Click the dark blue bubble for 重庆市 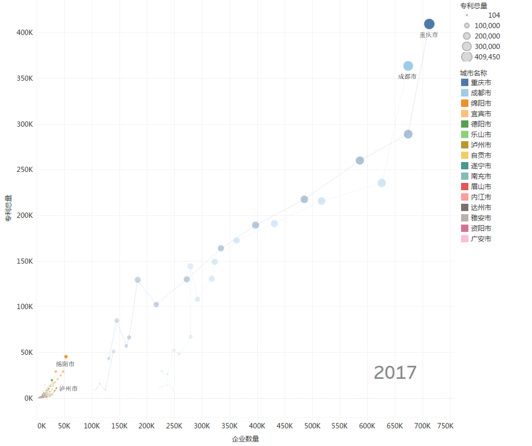pos(429,24)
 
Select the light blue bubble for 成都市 pos(408,66)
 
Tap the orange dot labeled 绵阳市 pos(66,356)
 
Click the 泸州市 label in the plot pos(69,388)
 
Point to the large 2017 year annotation pos(395,372)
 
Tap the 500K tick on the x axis pos(312,426)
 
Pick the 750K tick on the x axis pos(445,426)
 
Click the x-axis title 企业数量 pos(245,439)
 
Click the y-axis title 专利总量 pos(8,208)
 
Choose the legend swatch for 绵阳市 pos(465,103)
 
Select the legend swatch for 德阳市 pos(465,124)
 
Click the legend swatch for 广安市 pos(465,238)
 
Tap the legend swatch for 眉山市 pos(465,186)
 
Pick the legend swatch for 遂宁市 pos(465,166)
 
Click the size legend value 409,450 pos(488,57)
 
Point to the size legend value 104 pos(494,15)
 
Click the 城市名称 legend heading pos(473,73)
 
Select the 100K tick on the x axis pos(92,426)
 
